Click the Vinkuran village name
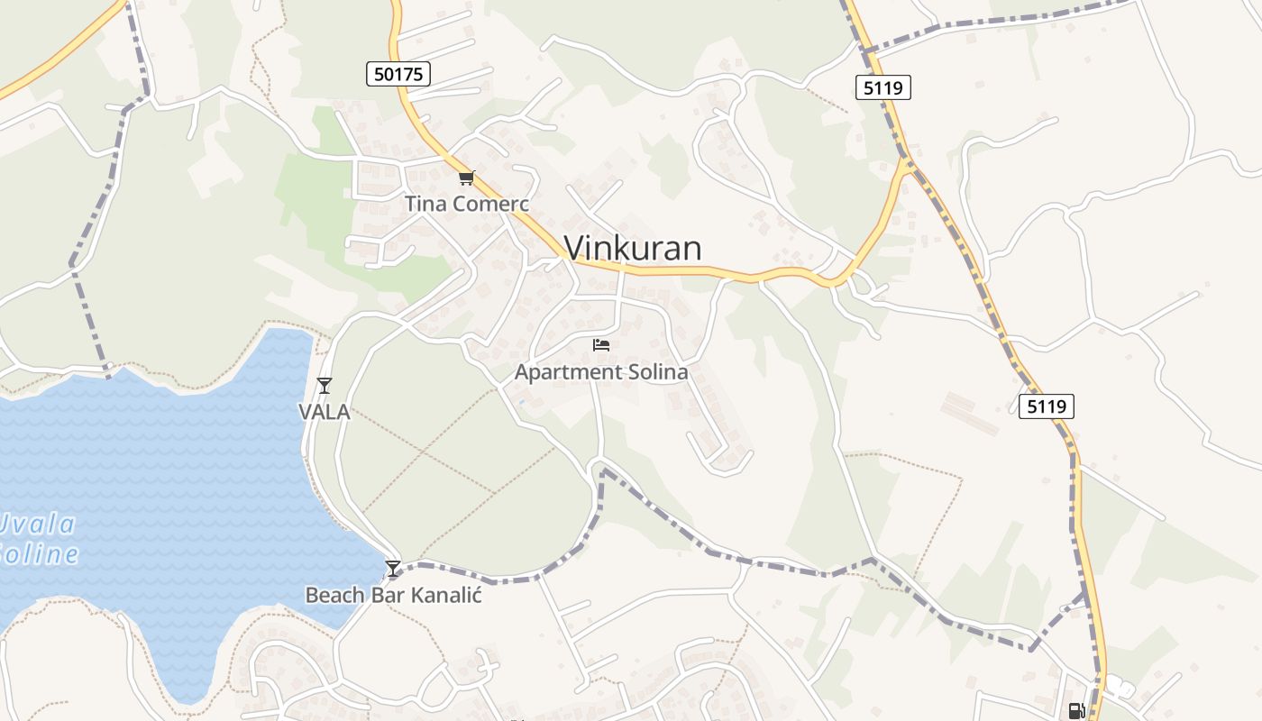[633, 248]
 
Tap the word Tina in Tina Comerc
[425, 204]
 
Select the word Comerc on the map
[490, 204]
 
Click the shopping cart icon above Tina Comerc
[466, 178]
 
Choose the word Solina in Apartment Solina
[657, 371]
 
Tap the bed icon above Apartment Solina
[601, 344]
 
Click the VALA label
[325, 413]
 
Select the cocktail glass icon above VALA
[325, 386]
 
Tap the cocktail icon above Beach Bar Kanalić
[392, 569]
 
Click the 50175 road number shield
[398, 74]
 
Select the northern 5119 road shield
[883, 87]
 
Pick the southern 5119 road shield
[1047, 406]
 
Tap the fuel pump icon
[1076, 711]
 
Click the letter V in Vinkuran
[575, 248]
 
